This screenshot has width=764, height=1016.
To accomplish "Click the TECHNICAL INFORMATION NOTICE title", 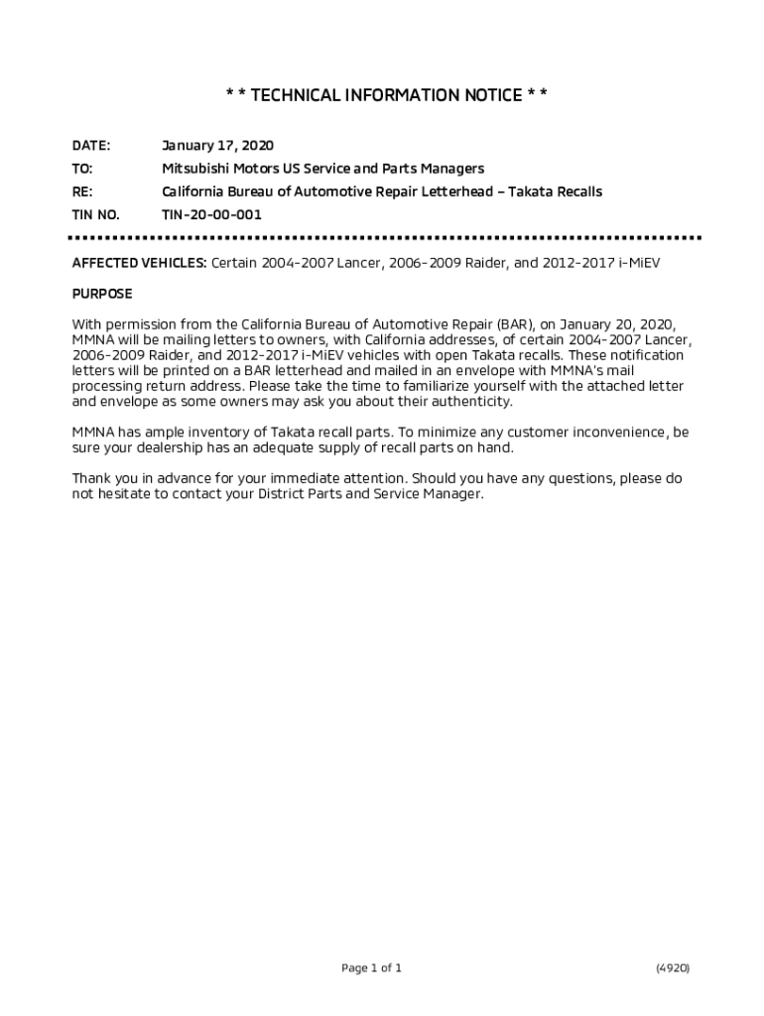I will pyautogui.click(x=386, y=95).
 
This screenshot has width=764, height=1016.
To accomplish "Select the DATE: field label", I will pyautogui.click(x=91, y=146).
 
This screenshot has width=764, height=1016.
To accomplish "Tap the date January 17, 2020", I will pyautogui.click(x=217, y=146).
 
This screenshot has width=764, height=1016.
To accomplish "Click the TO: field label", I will pyautogui.click(x=82, y=169).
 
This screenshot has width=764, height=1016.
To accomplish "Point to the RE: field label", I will pyautogui.click(x=82, y=191).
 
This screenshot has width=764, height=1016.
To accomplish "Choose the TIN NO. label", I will pyautogui.click(x=95, y=214).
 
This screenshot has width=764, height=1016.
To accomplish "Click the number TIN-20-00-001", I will pyautogui.click(x=211, y=214).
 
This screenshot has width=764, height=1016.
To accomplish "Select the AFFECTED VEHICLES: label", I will pyautogui.click(x=140, y=264).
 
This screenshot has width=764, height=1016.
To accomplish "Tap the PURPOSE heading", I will pyautogui.click(x=101, y=295).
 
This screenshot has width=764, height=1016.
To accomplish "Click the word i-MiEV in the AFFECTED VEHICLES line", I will pyautogui.click(x=638, y=264).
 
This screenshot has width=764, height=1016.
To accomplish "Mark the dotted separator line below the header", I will pyautogui.click(x=384, y=238).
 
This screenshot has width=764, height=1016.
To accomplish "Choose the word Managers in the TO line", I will pyautogui.click(x=452, y=169).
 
